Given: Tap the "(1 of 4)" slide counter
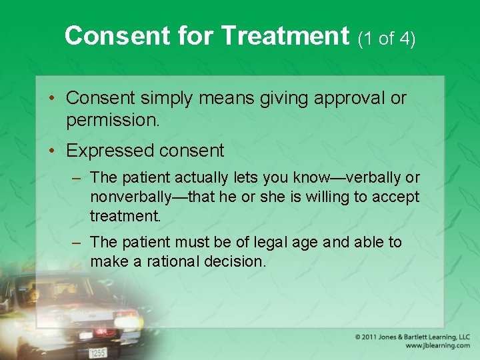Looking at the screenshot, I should point(387,39).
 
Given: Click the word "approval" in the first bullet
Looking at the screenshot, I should point(347,98).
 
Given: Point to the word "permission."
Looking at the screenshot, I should point(110,121).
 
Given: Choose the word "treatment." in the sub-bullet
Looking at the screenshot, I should point(125,217).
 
